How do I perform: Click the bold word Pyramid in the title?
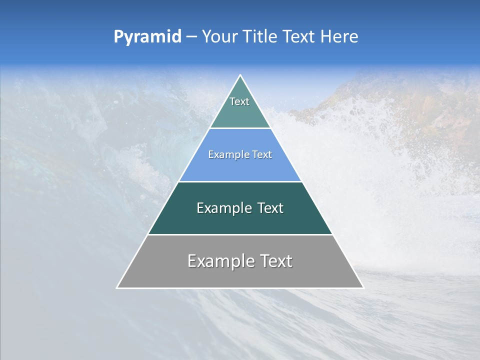pos(147,37)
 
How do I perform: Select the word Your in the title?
pos(218,37)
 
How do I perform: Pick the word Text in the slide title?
pos(298,37)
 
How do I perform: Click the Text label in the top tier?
pos(239,101)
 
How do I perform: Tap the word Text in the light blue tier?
pos(262,155)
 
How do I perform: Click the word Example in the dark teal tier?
pos(222,208)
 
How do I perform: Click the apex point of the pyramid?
pos(240,75)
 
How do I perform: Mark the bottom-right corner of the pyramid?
pos(363,287)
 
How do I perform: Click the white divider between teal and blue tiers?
pos(240,128)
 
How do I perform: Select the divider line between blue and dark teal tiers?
pos(240,181)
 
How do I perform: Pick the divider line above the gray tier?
pos(240,234)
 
